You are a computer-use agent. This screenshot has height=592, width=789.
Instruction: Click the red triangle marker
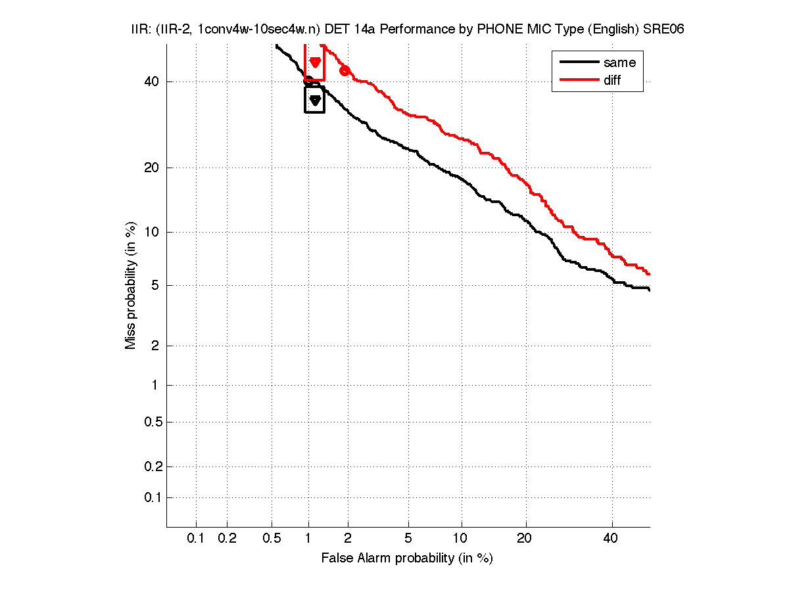coord(315,62)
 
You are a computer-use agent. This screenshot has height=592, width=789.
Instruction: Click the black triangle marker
coord(315,100)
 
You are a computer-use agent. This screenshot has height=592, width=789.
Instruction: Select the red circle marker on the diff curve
coord(345,71)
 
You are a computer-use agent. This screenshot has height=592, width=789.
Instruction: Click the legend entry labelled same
coord(619,62)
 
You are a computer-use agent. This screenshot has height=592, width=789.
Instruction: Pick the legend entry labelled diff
coord(612,80)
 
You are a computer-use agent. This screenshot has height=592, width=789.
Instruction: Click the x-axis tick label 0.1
coord(196,539)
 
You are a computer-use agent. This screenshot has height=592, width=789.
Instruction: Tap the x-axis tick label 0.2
coord(227,539)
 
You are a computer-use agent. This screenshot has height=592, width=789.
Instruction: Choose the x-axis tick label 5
coord(408,539)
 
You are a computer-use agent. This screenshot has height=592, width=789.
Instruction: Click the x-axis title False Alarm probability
coord(407,558)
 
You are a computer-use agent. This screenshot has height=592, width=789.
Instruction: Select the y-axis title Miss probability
coord(131,286)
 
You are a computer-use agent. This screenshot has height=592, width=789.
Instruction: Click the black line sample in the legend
coord(578,62)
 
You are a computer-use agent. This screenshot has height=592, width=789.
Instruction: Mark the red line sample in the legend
coord(578,80)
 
